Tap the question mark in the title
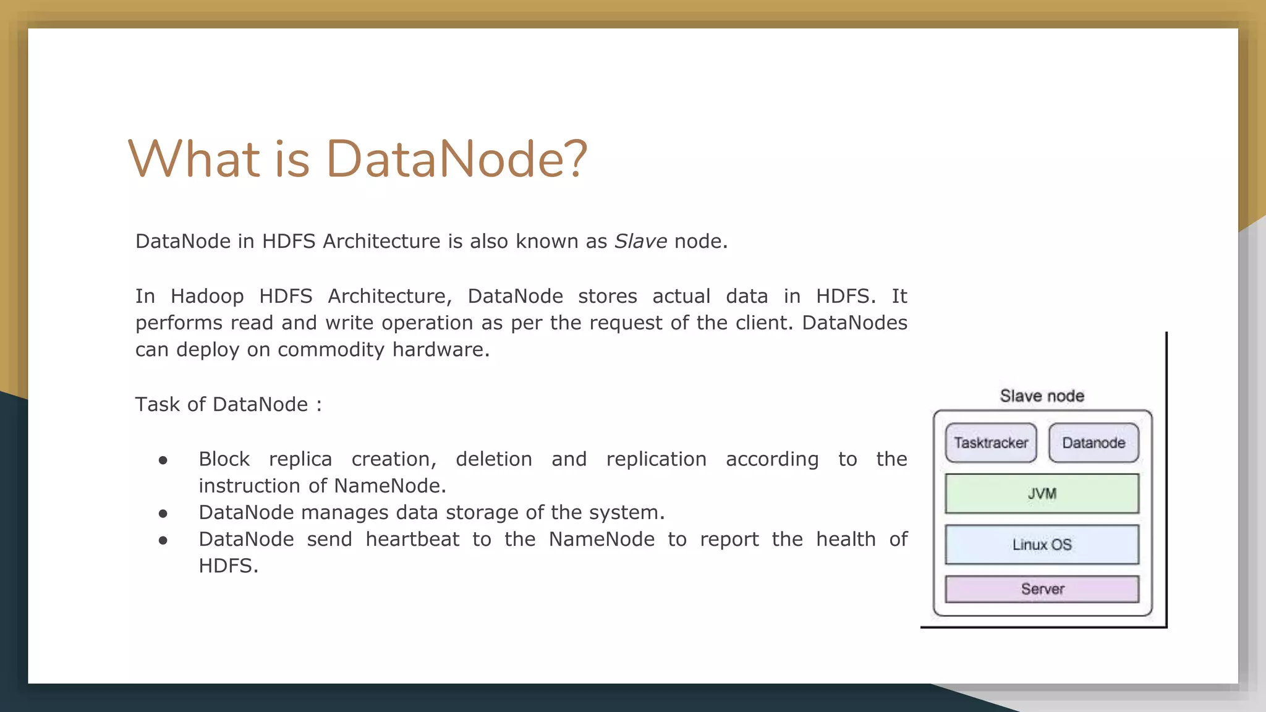click(x=576, y=159)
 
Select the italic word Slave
click(x=640, y=241)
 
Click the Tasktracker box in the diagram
click(x=991, y=443)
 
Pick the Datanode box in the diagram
click(x=1094, y=443)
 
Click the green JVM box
click(x=1042, y=493)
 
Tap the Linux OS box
click(x=1042, y=545)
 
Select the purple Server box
click(x=1042, y=589)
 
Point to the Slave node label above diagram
click(x=1042, y=396)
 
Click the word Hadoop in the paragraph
click(x=207, y=297)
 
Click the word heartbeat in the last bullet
click(x=412, y=540)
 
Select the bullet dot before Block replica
click(x=163, y=460)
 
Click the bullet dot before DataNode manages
click(x=163, y=513)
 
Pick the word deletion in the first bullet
click(x=493, y=459)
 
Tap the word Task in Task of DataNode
click(x=157, y=404)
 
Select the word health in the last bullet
click(x=845, y=540)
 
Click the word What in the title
click(x=193, y=159)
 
